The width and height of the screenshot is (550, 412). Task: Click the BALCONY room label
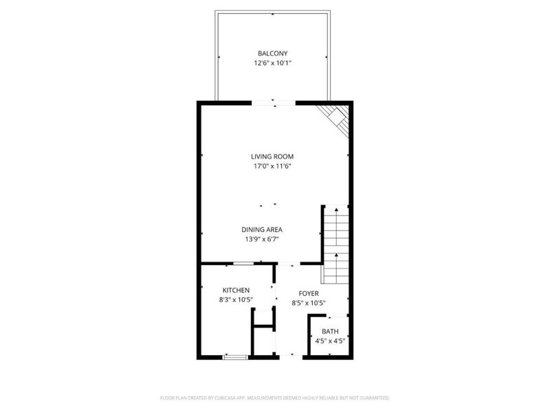tap(272, 54)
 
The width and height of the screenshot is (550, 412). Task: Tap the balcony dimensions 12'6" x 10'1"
tap(272, 63)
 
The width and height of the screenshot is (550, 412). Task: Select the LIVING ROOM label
tap(272, 157)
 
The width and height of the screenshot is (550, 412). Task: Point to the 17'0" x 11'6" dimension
tap(272, 166)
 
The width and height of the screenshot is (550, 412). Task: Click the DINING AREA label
tap(262, 229)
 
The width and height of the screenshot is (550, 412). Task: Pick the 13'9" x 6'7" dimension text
tap(262, 239)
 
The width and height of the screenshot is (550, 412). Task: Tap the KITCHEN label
tap(235, 290)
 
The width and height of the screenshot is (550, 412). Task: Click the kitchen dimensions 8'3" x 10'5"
tap(235, 300)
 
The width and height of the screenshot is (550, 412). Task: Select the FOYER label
tap(308, 293)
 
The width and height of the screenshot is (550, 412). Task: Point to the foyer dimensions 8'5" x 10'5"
tap(308, 303)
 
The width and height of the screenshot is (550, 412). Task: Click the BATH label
tap(329, 332)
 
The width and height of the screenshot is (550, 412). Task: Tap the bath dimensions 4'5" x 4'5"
tap(329, 341)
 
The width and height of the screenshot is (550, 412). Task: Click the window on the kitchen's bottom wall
tap(235, 356)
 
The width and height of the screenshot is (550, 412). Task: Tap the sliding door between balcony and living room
tap(274, 103)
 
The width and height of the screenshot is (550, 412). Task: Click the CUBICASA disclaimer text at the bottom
tap(274, 398)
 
